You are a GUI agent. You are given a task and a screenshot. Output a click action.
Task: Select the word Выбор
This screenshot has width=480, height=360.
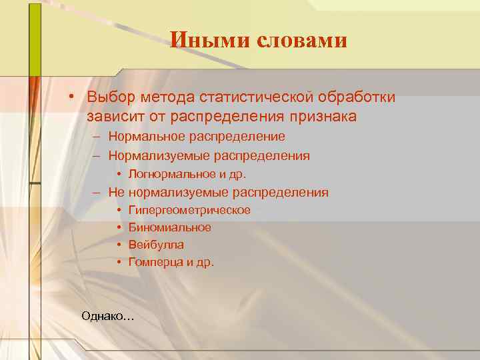(110, 97)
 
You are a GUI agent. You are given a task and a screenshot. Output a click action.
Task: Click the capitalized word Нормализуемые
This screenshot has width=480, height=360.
(159, 156)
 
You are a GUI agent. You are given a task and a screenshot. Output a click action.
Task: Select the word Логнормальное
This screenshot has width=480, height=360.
(169, 175)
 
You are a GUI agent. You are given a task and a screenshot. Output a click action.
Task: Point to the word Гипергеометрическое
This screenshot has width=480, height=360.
(189, 211)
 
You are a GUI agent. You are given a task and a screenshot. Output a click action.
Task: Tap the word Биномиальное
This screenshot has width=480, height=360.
(170, 228)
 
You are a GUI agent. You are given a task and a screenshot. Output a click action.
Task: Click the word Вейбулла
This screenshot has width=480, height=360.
(156, 245)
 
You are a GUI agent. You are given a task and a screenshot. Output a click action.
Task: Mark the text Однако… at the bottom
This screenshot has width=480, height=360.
(107, 315)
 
